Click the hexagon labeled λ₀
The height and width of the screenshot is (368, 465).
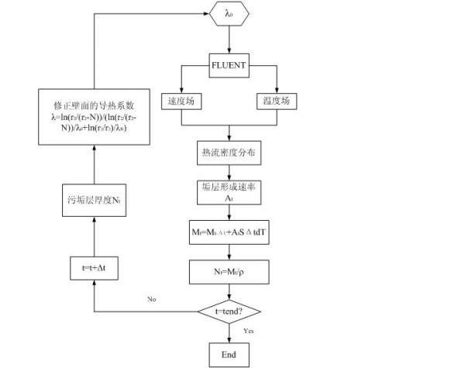(229, 13)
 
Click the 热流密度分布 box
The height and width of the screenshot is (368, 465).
(229, 153)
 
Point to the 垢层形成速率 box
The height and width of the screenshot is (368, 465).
(229, 191)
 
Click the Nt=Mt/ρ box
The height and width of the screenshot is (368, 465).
(229, 271)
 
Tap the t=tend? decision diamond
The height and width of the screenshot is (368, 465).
(229, 311)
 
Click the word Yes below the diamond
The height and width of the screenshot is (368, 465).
(248, 332)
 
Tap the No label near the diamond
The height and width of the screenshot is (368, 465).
(152, 298)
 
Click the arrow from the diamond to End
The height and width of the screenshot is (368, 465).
(229, 333)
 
